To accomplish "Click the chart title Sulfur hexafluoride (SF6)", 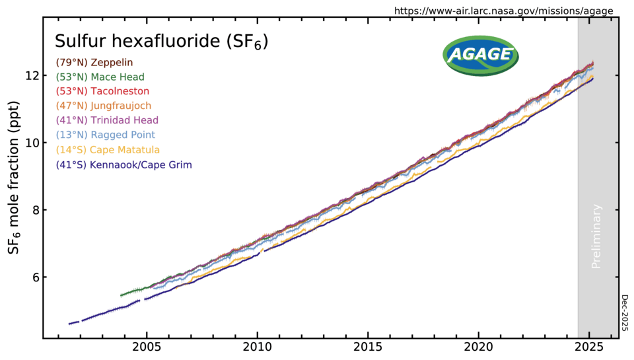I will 161,42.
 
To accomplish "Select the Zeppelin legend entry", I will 95,62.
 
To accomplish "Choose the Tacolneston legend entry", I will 102,91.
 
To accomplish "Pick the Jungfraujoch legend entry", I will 104,106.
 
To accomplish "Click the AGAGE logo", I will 480,54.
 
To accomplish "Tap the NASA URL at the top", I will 503,11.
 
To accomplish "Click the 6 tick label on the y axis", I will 34,277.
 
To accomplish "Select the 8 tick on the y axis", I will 34,210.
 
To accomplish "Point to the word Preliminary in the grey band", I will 597,236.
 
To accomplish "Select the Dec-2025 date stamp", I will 625,313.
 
